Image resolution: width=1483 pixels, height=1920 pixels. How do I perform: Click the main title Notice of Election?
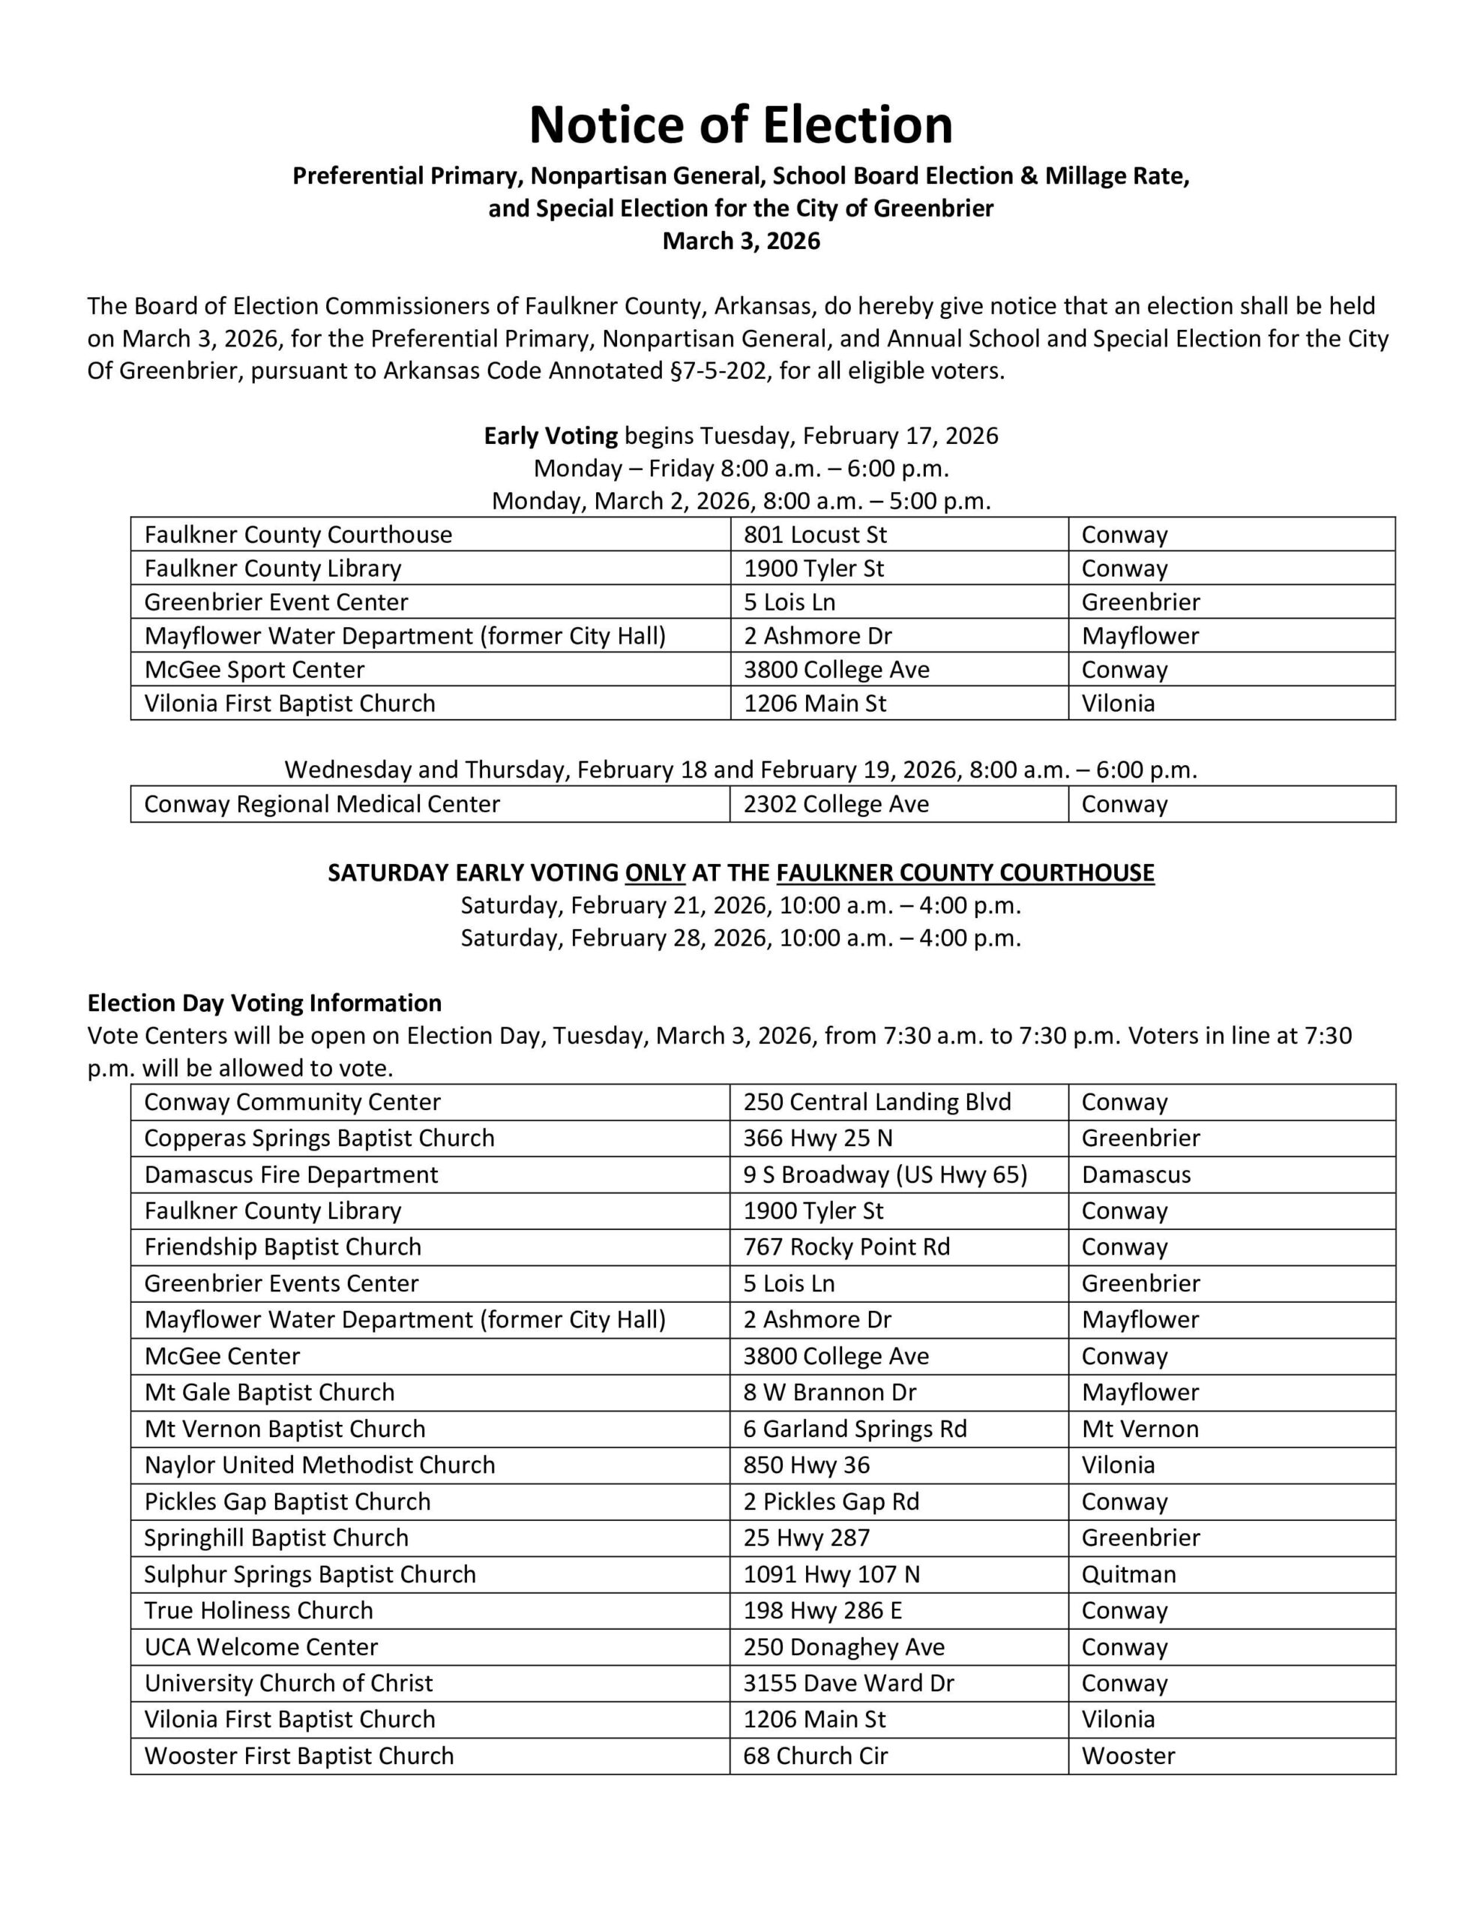[740, 124]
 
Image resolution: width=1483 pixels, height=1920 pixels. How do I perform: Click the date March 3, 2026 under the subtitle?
[740, 241]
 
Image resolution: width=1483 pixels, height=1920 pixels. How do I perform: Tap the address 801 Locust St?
[815, 535]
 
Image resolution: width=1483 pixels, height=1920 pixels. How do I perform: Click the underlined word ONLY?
[655, 873]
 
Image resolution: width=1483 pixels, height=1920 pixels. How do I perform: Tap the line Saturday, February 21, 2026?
[740, 905]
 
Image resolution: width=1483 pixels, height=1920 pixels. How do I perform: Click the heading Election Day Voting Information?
[264, 1003]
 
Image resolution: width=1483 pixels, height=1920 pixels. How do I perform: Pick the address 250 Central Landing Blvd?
[877, 1102]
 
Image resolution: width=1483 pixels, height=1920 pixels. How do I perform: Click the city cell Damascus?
[1136, 1175]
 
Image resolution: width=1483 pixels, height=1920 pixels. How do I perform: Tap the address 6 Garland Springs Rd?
[855, 1429]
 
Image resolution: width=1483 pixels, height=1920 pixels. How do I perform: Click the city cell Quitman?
[1128, 1574]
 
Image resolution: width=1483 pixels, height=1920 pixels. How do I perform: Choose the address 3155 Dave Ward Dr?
[848, 1684]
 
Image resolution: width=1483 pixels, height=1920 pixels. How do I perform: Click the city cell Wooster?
[1128, 1756]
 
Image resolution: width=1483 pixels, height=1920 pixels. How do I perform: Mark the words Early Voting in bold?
[551, 436]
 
